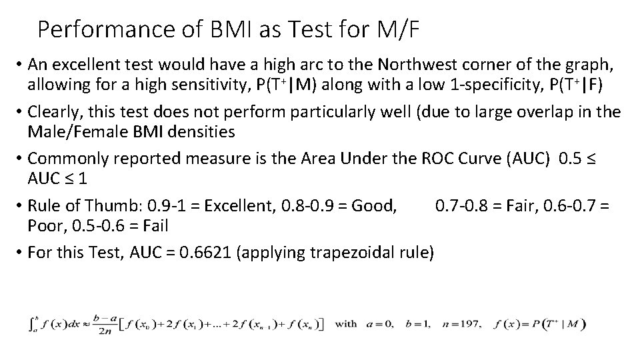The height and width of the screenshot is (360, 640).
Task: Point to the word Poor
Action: (x=45, y=226)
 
